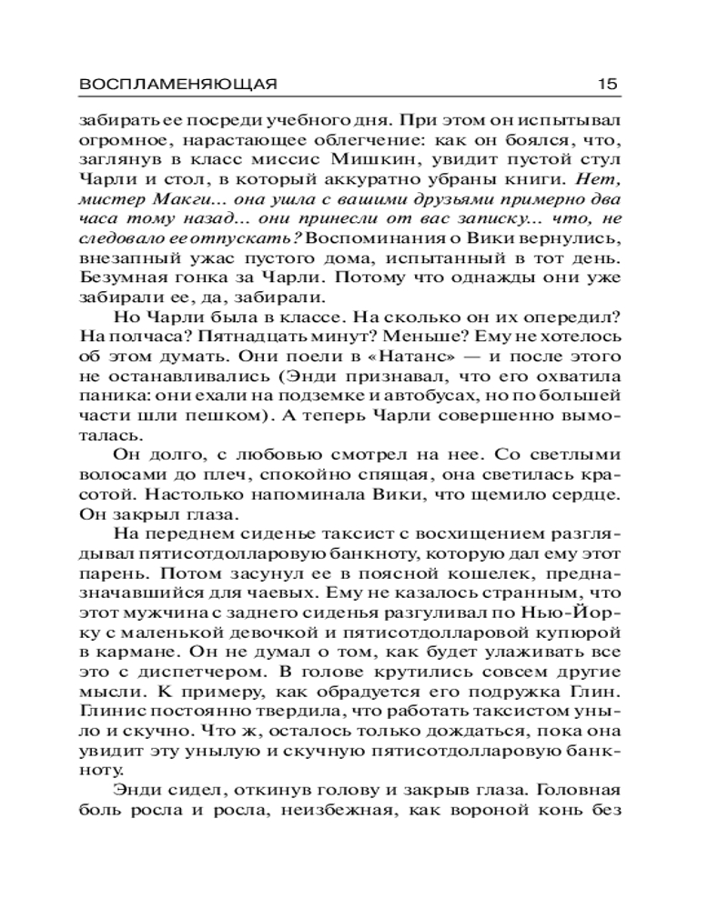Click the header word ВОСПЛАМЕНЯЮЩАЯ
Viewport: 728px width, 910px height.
[x=177, y=84]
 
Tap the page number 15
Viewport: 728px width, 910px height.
[x=608, y=84]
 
